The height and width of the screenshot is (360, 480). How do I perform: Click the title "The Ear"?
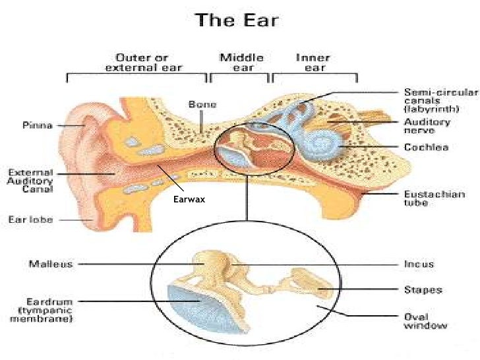point(236,20)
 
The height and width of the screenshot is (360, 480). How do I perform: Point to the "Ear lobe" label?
point(31,220)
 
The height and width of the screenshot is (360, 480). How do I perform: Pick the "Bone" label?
point(202,104)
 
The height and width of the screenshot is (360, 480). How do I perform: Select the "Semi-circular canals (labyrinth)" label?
point(431,100)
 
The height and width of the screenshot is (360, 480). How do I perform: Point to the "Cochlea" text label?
point(425,147)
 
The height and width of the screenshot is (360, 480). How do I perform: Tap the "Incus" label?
point(419,264)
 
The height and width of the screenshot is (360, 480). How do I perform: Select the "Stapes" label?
point(423,289)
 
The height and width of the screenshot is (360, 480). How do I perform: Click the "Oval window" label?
point(425,320)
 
